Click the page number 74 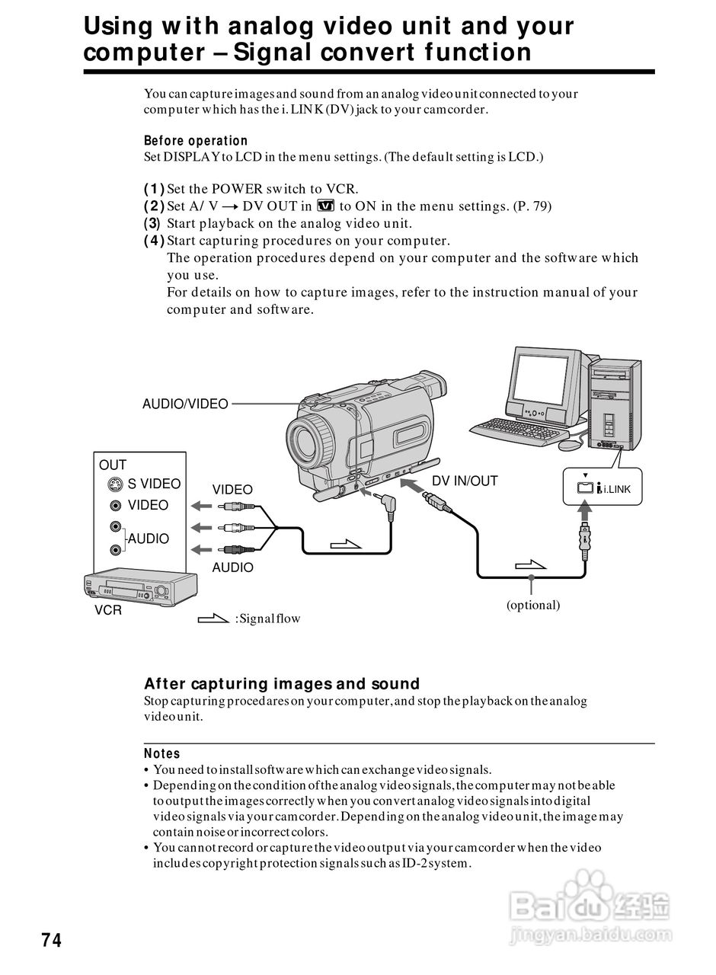51,941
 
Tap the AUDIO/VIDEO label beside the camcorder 185,404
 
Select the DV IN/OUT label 465,481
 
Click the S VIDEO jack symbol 114,484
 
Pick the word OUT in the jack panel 113,465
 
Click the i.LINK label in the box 617,489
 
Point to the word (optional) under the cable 533,605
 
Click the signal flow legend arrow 213,619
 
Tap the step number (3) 152,223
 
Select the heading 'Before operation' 196,141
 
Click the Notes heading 161,753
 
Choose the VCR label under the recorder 108,610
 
